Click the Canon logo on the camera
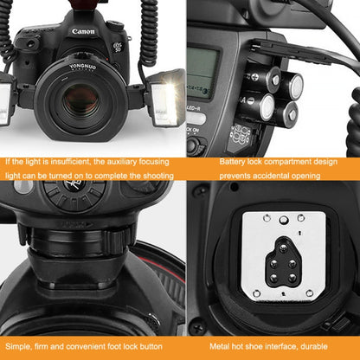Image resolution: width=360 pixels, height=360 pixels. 84,32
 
